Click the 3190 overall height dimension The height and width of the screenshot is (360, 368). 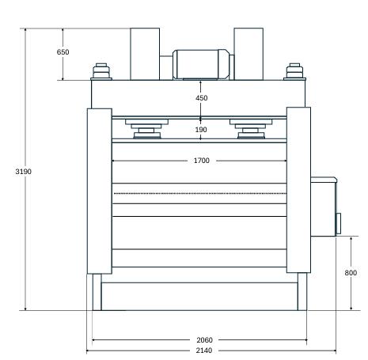tap(23, 172)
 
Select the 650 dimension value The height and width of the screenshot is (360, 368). tap(63, 52)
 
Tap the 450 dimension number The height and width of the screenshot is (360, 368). tap(201, 98)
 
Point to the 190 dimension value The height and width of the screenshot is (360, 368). tap(201, 130)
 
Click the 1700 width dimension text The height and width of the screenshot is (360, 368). tap(202, 161)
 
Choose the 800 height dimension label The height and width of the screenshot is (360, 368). tap(351, 273)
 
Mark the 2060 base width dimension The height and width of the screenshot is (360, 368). tap(204, 340)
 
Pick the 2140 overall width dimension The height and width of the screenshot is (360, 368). tap(204, 351)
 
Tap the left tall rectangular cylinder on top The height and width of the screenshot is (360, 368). tap(145, 54)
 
